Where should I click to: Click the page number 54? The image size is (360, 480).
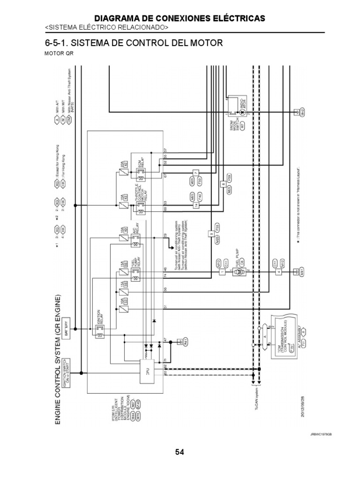tap(180, 452)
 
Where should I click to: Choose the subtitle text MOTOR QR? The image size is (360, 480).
tap(59, 53)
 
